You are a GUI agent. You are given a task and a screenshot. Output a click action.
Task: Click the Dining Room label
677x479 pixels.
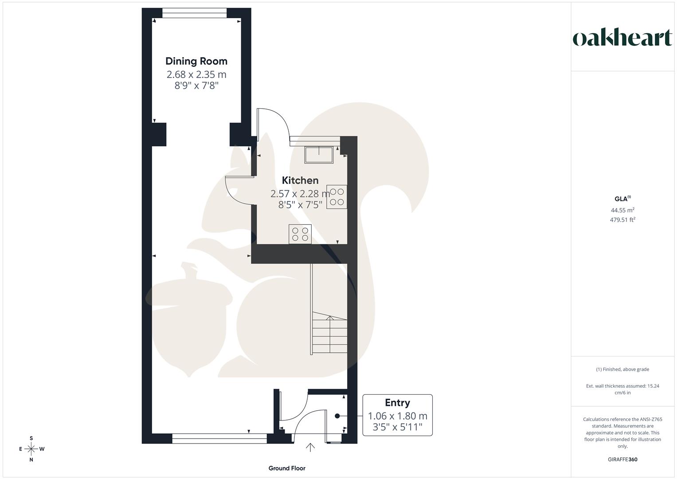[x=196, y=61]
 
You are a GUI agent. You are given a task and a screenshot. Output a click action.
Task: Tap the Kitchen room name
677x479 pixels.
[x=300, y=180]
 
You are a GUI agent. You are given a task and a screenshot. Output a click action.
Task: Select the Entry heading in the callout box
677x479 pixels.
[x=397, y=403]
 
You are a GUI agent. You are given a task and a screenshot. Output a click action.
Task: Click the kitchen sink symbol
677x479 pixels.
[x=318, y=154]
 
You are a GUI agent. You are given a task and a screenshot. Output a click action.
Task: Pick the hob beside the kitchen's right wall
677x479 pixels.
[x=337, y=197]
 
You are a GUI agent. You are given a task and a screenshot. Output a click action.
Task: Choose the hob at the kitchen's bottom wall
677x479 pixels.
[x=300, y=234]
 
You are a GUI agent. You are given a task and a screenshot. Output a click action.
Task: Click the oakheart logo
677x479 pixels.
[x=622, y=38]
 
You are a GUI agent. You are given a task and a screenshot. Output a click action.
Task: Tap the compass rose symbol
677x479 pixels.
[x=31, y=449]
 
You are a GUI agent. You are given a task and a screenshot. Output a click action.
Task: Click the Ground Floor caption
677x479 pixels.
[x=287, y=468]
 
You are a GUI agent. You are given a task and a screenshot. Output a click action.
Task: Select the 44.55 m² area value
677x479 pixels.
[x=622, y=210]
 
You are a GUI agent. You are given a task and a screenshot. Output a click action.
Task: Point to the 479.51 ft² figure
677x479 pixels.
[x=622, y=220]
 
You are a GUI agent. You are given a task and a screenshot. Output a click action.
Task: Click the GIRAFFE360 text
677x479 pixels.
[x=622, y=459]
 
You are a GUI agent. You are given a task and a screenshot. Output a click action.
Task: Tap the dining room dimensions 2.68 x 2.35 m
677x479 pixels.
[x=196, y=74]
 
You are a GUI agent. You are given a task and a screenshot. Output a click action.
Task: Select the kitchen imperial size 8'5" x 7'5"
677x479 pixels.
[x=300, y=204]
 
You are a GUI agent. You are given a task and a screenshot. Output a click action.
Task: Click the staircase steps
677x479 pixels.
[x=329, y=333]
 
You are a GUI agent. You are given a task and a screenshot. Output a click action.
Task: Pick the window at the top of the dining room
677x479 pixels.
[x=195, y=14]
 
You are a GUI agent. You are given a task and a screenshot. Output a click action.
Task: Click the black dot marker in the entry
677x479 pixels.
[x=337, y=416]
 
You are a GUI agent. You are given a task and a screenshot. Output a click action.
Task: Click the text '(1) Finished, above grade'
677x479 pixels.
[x=622, y=369]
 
